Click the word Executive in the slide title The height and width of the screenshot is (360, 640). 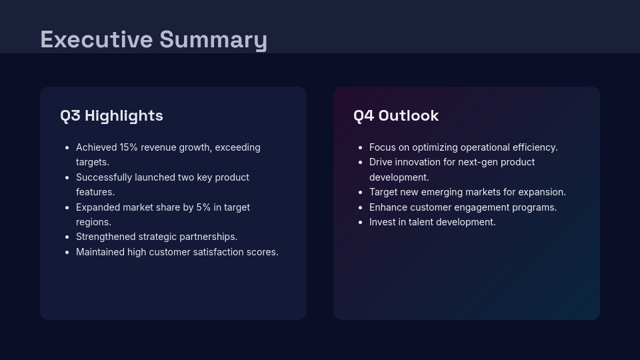(97, 39)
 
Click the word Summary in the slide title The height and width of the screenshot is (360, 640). (213, 39)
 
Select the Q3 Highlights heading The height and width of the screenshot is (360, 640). (111, 115)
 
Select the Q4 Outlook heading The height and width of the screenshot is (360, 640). (396, 115)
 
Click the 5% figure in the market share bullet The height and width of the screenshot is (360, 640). (203, 207)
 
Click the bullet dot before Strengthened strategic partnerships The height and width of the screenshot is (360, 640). (67, 237)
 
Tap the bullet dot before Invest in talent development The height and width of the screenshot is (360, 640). (361, 222)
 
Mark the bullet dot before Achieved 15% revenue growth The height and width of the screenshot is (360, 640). (67, 147)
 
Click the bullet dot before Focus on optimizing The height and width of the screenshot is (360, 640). (361, 147)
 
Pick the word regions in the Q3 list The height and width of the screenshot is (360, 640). (93, 222)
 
